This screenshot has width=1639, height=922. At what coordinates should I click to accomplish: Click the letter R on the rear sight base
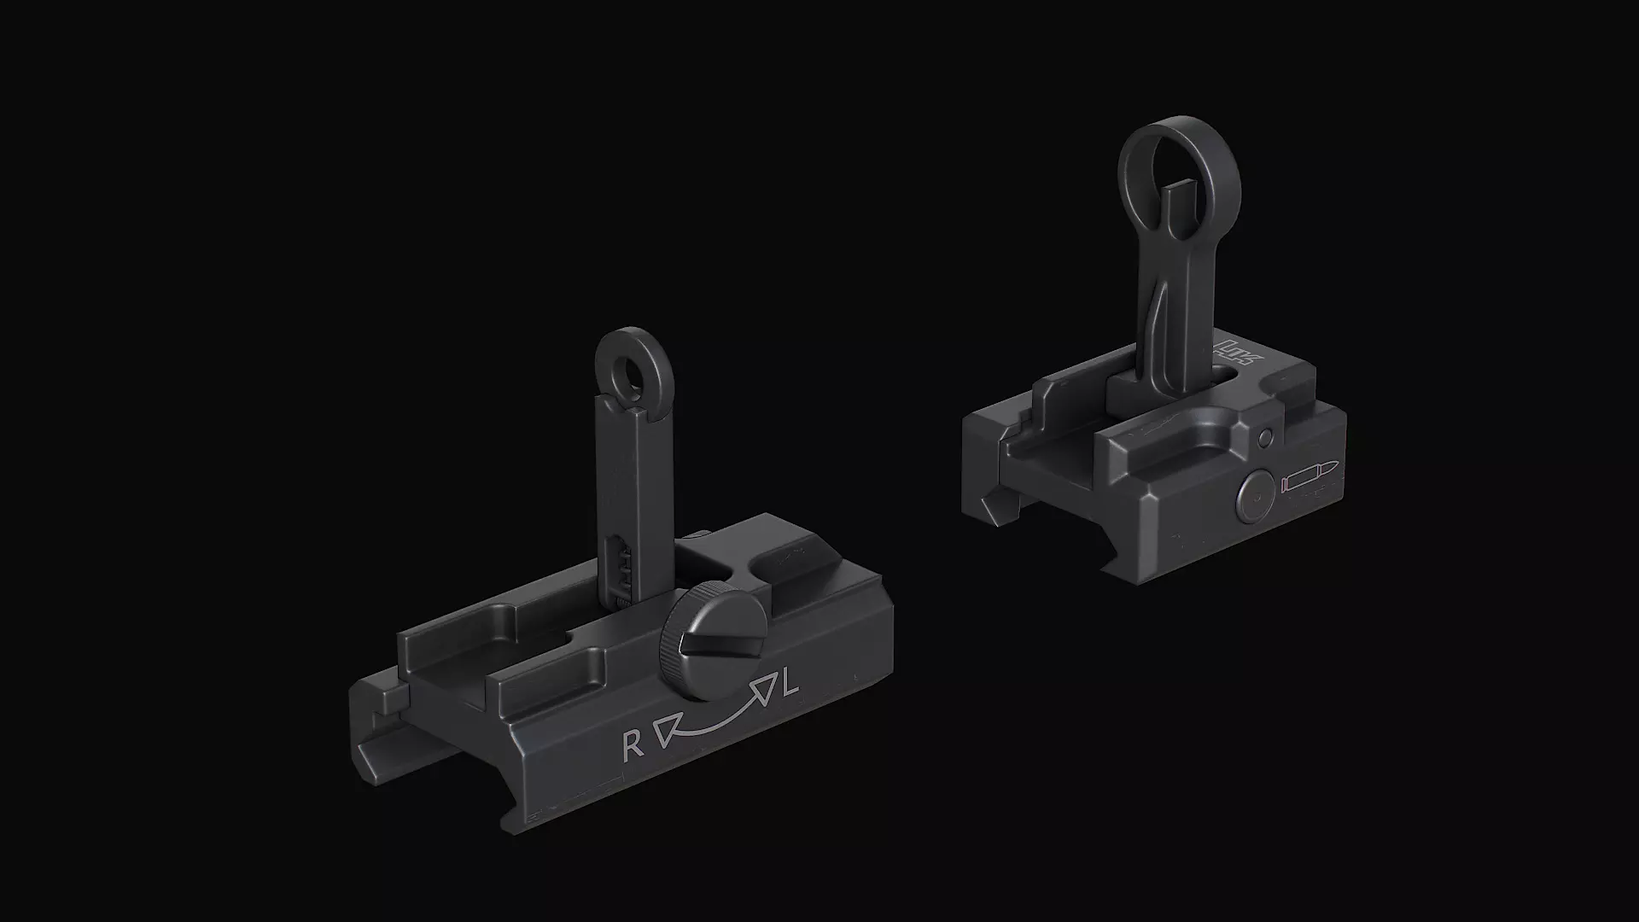click(633, 746)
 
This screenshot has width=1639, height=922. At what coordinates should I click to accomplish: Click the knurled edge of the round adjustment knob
click(671, 649)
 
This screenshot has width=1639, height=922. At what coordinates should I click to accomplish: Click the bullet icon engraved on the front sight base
click(1309, 480)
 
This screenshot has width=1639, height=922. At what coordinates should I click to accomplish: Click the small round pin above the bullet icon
click(1265, 438)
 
